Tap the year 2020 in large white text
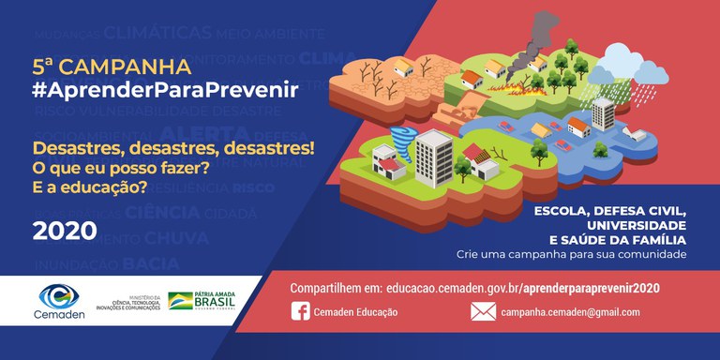[x=65, y=231]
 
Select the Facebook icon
[x=301, y=311]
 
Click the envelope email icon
[x=483, y=311]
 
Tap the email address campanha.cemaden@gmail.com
[x=570, y=312]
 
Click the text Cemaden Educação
[x=357, y=312]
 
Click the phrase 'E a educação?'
[x=91, y=187]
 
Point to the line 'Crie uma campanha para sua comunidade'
[x=571, y=255]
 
